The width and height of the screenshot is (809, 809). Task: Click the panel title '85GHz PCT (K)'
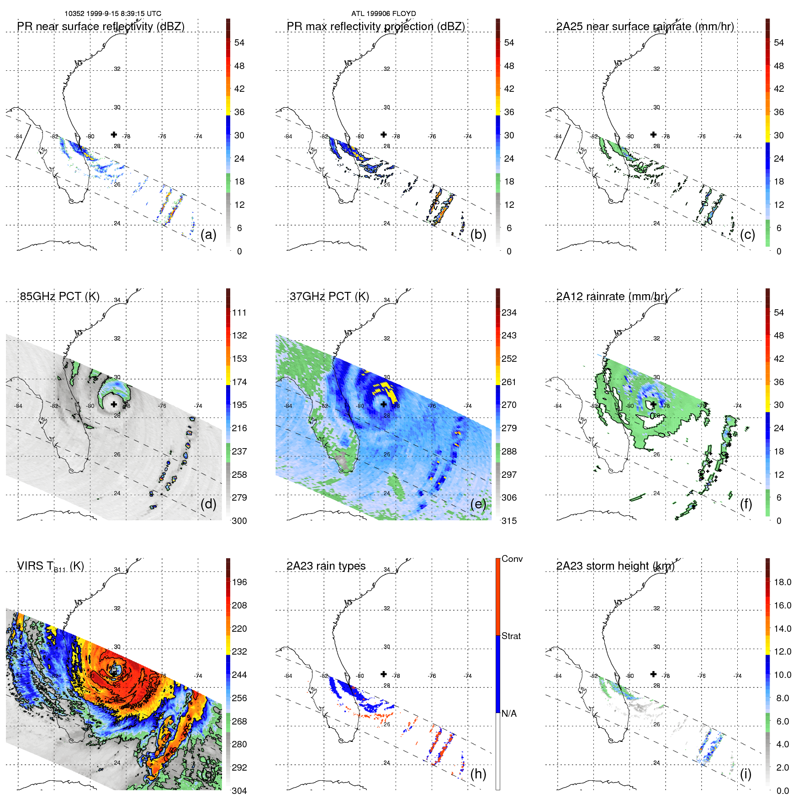59,296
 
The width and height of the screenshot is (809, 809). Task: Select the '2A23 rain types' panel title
326,566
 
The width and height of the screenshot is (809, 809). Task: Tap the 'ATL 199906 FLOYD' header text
383,14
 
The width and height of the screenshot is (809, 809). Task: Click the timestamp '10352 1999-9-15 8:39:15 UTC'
112,14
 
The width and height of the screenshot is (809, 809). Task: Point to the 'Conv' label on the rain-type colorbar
512,559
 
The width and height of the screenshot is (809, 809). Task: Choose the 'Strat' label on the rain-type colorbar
511,636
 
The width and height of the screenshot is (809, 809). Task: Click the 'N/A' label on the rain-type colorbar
508,714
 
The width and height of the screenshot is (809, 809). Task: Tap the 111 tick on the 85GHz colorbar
239,313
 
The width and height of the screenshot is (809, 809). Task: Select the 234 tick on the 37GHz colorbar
509,313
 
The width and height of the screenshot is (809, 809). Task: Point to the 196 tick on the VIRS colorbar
239,582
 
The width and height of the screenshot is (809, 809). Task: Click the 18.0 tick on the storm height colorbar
782,582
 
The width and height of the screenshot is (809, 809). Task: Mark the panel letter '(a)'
208,235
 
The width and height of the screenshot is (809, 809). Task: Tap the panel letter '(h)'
478,774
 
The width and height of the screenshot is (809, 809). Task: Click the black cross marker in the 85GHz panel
114,404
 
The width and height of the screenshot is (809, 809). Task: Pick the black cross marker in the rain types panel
384,674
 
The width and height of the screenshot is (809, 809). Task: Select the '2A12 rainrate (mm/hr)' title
612,296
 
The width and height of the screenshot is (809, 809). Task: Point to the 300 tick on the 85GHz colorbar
239,521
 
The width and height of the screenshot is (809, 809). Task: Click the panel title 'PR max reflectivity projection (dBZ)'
375,26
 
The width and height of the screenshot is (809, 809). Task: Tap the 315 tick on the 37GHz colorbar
509,521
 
